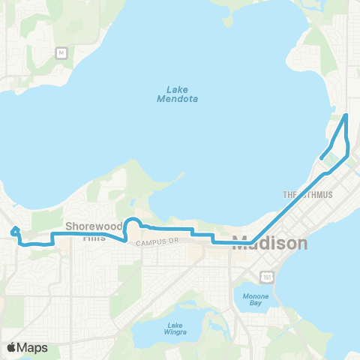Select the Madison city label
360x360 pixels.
click(x=270, y=244)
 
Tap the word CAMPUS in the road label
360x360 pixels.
click(x=151, y=243)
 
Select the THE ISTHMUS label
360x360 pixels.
click(x=307, y=195)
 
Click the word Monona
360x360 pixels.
click(x=252, y=296)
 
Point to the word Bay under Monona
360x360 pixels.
click(x=252, y=304)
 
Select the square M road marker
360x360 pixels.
click(x=61, y=52)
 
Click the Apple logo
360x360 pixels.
click(x=12, y=347)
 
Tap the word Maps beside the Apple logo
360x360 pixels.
click(x=33, y=347)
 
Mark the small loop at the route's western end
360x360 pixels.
click(x=15, y=231)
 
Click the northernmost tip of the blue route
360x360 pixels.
click(x=346, y=115)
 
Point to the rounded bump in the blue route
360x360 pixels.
click(x=131, y=223)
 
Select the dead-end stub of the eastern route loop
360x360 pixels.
click(x=321, y=157)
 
